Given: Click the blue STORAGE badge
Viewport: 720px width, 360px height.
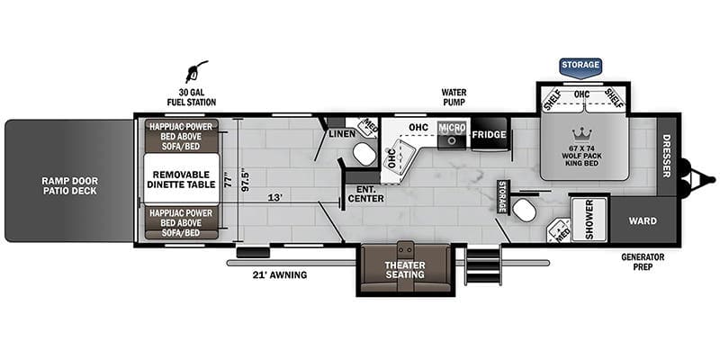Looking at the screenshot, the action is click(x=580, y=66).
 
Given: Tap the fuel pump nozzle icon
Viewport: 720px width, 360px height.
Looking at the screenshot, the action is click(x=196, y=71).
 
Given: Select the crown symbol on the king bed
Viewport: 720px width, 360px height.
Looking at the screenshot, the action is click(x=581, y=134).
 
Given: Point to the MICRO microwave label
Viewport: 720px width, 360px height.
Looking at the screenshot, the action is click(x=453, y=127).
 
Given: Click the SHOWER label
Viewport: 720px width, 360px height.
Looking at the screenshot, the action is click(x=590, y=220).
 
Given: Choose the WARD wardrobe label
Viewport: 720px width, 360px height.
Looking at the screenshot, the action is click(x=643, y=220).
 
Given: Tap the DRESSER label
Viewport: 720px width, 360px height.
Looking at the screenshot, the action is click(x=667, y=156).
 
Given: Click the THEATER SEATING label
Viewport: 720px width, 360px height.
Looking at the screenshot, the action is click(x=405, y=270).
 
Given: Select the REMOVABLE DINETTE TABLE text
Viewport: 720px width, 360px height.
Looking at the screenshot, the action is click(x=181, y=179).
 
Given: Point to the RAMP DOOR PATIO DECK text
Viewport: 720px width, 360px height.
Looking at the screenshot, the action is click(x=70, y=185).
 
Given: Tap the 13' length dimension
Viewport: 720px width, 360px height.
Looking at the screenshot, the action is click(x=275, y=198).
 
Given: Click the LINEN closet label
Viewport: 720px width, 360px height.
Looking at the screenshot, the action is click(x=342, y=133).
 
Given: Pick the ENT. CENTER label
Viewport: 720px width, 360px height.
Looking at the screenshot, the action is click(x=366, y=193).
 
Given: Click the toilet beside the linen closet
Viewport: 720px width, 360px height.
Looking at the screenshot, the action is click(x=364, y=154).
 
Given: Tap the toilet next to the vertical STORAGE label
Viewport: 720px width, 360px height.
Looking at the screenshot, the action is click(x=524, y=210).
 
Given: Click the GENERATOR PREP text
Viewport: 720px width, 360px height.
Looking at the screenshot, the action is click(x=643, y=262).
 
